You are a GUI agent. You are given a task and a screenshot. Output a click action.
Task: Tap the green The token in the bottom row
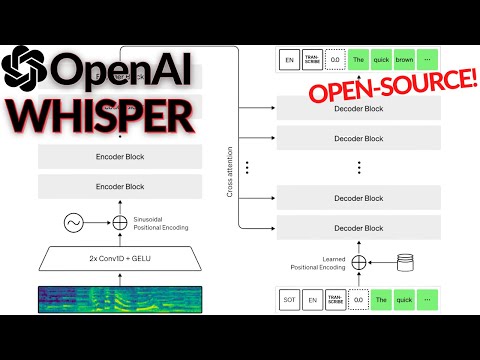tap(382, 297)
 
